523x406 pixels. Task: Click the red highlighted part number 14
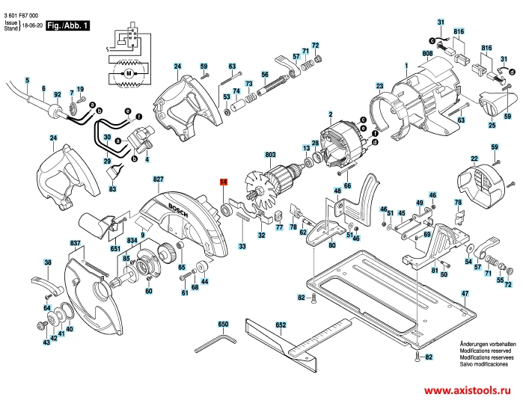[x=223, y=182]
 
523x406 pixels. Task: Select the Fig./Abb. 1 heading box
[x=67, y=26]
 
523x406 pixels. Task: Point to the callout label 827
[x=159, y=180]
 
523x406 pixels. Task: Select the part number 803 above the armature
[x=271, y=156]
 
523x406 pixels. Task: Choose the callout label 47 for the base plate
[x=465, y=295]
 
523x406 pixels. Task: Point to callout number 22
[x=474, y=159]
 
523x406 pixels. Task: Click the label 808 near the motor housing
[x=427, y=53]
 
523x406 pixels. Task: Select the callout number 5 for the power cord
[x=27, y=80]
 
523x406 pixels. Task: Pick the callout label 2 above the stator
[x=329, y=114]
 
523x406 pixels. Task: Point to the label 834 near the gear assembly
[x=132, y=240]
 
